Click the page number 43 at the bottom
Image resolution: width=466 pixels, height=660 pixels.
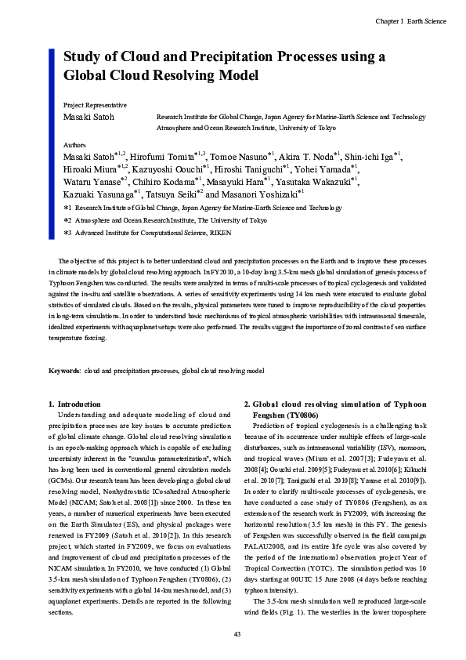[x=237, y=633]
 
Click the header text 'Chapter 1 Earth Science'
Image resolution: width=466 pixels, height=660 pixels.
[x=410, y=21]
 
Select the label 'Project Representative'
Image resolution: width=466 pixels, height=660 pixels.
[x=95, y=104]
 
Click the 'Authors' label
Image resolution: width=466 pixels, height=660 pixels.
[x=74, y=146]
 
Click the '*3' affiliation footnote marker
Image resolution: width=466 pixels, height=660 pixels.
[x=67, y=234]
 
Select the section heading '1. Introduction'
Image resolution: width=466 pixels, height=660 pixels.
[x=74, y=404]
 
